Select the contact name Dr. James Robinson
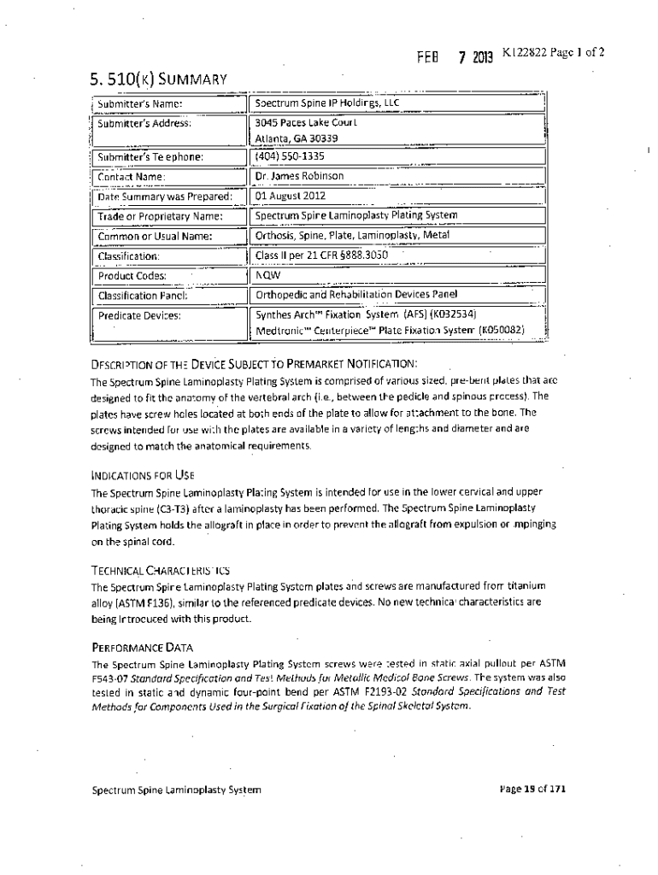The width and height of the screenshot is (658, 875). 300,176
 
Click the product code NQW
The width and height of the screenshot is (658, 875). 268,275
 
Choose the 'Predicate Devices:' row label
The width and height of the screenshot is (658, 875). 139,314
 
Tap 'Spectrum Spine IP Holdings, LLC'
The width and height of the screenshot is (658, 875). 327,103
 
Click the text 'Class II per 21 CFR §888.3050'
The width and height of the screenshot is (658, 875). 322,255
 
